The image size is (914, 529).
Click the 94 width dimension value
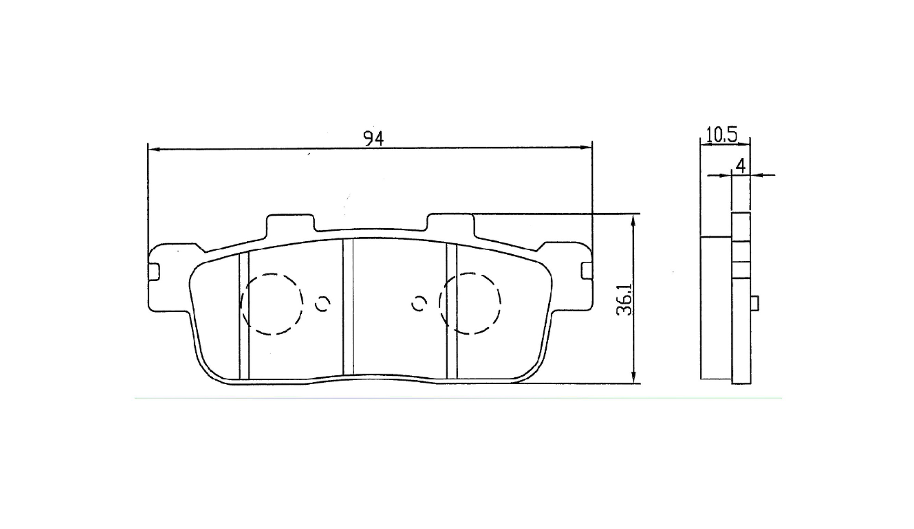(x=373, y=138)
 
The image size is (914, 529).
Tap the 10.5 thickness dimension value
(x=721, y=135)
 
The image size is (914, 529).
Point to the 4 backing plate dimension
(x=741, y=165)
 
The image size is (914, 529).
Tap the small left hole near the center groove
(x=323, y=304)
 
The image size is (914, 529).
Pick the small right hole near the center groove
(x=419, y=303)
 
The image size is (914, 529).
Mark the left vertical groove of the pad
(x=244, y=316)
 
